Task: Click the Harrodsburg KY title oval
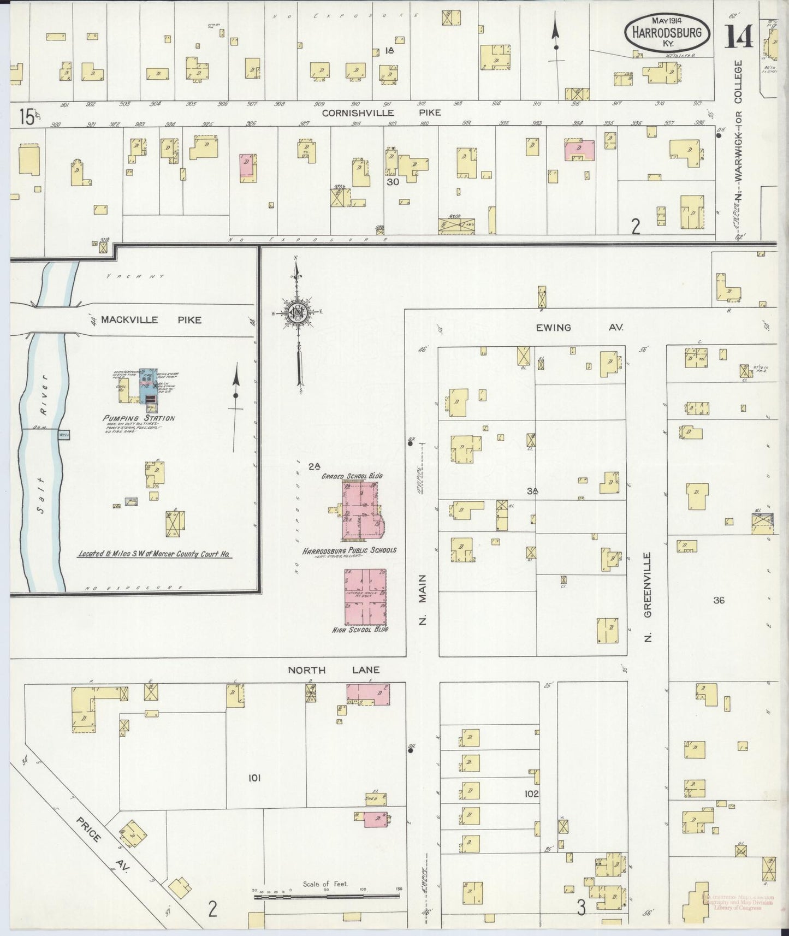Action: coord(667,33)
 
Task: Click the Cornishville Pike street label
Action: coord(381,113)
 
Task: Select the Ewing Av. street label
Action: coord(579,328)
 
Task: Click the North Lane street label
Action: coord(334,670)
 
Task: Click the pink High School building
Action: coord(365,596)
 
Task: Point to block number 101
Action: coord(254,778)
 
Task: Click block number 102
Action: coord(531,794)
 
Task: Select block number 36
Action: coord(719,600)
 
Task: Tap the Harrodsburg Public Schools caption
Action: coord(359,550)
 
